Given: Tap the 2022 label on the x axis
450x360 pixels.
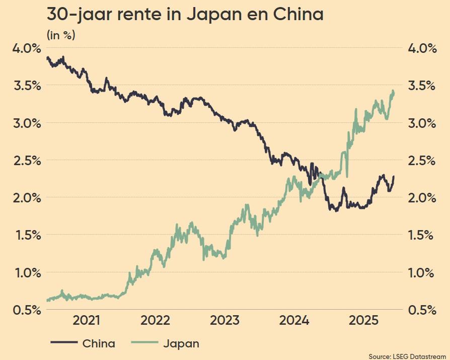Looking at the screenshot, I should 155,320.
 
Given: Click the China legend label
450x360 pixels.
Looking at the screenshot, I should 99,344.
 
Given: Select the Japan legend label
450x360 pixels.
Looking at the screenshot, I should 181,344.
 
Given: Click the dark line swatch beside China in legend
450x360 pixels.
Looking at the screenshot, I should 63,344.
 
